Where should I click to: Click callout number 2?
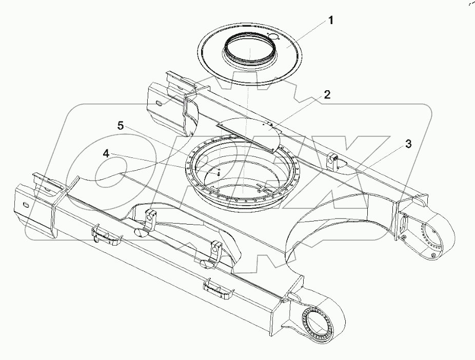coord(326,94)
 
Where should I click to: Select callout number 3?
coord(408,144)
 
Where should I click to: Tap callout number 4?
coord(105,153)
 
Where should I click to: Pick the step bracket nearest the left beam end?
coord(105,234)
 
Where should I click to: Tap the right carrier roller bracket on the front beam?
coord(216,250)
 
